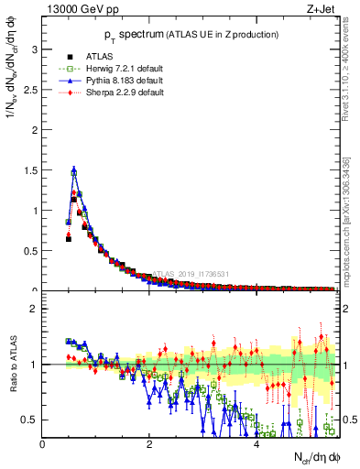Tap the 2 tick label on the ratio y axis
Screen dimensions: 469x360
click(x=35, y=309)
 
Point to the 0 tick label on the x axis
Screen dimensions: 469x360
click(x=43, y=444)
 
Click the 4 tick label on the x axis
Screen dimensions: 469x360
click(x=256, y=444)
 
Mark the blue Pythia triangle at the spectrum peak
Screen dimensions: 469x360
click(x=73, y=170)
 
